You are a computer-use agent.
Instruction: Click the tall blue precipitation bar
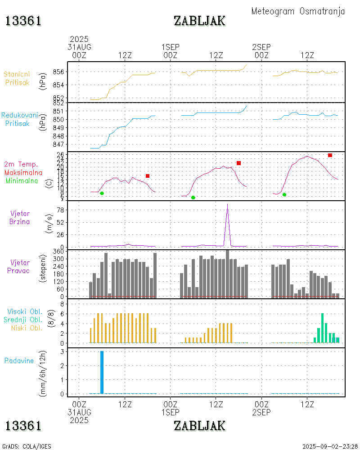pyautogui.click(x=102, y=372)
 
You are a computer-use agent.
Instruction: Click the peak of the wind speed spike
pyautogui.click(x=227, y=205)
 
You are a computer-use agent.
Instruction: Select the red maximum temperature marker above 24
pyautogui.click(x=330, y=155)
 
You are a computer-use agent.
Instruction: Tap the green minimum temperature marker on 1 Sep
pyautogui.click(x=193, y=198)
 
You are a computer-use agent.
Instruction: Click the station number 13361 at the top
pyautogui.click(x=23, y=21)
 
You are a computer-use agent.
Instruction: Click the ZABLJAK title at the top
pyautogui.click(x=199, y=21)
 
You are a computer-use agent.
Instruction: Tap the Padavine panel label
pyautogui.click(x=19, y=360)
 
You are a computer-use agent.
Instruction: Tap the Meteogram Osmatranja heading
pyautogui.click(x=298, y=11)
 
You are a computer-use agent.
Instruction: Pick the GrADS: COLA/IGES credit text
pyautogui.click(x=27, y=446)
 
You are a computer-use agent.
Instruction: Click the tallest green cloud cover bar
pyautogui.click(x=322, y=328)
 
